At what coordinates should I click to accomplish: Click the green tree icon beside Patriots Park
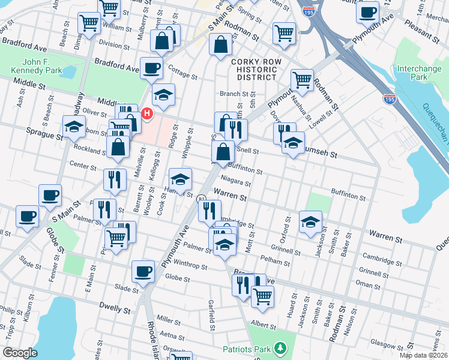pyautogui.click(x=279, y=348)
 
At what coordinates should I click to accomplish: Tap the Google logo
pyautogui.click(x=20, y=352)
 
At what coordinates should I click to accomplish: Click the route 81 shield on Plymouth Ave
pyautogui.click(x=203, y=197)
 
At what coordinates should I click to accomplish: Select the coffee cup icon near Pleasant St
pyautogui.click(x=367, y=11)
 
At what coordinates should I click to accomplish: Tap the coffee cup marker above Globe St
pyautogui.click(x=143, y=271)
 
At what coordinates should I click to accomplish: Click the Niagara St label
pyautogui.click(x=235, y=182)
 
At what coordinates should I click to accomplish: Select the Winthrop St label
pyautogui.click(x=191, y=266)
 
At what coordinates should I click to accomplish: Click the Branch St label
pyautogui.click(x=234, y=94)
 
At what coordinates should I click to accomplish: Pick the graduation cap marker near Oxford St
pyautogui.click(x=310, y=222)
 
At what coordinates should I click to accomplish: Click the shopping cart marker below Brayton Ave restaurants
pyautogui.click(x=262, y=296)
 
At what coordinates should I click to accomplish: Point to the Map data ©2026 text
pyautogui.click(x=421, y=355)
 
